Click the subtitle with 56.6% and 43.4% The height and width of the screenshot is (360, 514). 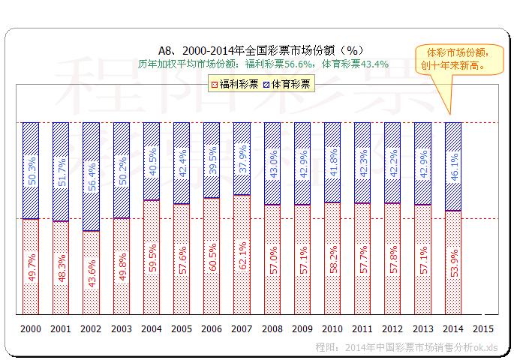tap(263, 64)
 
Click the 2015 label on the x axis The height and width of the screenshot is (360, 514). tap(483, 328)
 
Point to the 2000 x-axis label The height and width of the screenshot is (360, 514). tap(31, 328)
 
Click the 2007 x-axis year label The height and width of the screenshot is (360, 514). tap(242, 328)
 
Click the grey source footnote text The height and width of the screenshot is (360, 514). tap(406, 347)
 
